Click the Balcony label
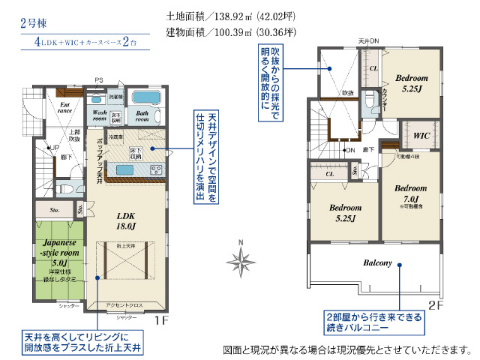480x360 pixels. coord(378,263)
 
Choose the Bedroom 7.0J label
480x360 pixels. coord(410,193)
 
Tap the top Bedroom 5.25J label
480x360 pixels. coord(411,82)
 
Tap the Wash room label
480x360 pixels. coord(100,115)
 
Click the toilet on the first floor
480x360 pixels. coord(64,187)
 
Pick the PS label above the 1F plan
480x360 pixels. coord(98,80)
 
